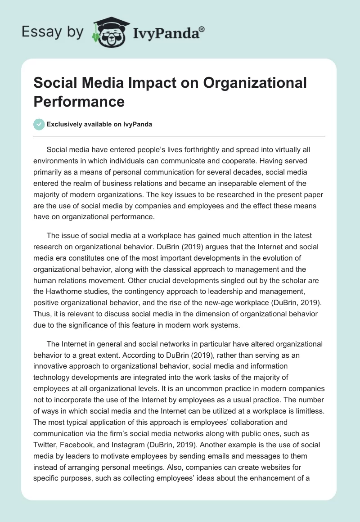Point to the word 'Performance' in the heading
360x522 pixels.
click(79, 101)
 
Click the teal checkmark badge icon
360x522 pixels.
click(40, 125)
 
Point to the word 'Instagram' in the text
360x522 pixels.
click(129, 433)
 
